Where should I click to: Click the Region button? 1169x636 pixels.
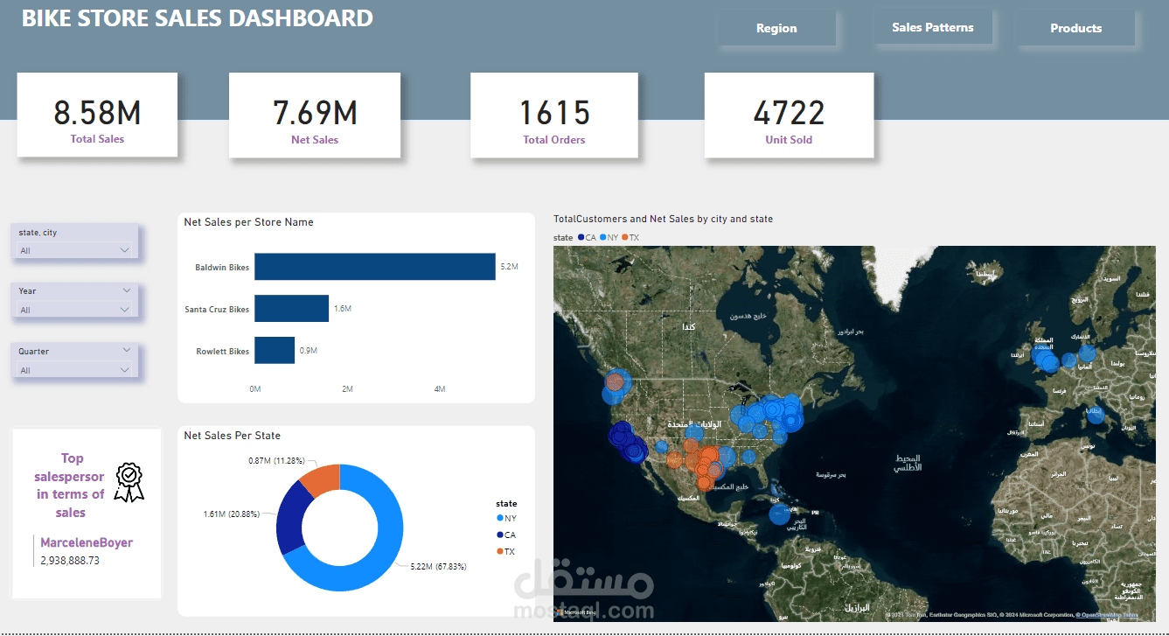click(x=776, y=29)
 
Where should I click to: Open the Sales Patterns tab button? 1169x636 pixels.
click(x=932, y=28)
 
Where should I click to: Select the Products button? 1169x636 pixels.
click(x=1075, y=29)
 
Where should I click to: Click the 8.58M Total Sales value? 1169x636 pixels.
click(x=97, y=113)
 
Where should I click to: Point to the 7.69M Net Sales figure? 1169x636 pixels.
click(x=315, y=113)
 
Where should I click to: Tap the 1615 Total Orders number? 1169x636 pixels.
click(x=554, y=113)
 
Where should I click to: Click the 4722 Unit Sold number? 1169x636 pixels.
click(x=789, y=113)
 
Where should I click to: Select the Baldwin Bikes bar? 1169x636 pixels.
click(x=374, y=267)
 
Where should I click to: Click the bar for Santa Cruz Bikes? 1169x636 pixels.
click(x=291, y=309)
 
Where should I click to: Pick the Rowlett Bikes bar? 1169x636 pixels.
click(x=275, y=351)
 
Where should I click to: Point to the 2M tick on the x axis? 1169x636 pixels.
click(x=347, y=389)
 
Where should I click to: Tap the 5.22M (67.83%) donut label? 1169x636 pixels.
click(x=438, y=567)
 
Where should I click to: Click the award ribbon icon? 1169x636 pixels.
click(x=129, y=482)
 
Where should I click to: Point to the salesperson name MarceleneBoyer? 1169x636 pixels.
click(x=87, y=542)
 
